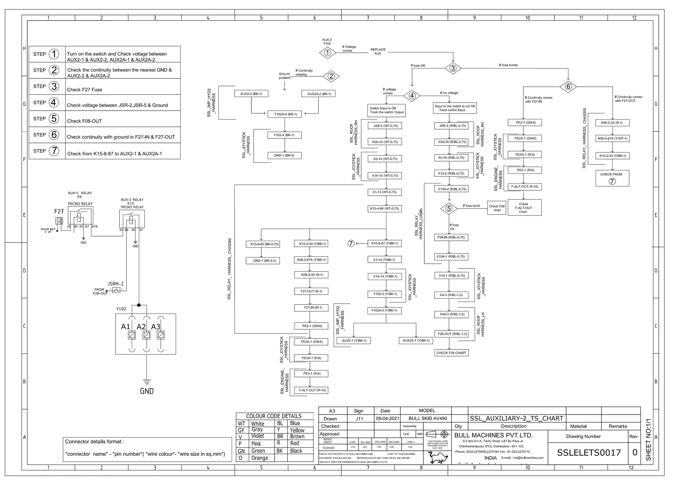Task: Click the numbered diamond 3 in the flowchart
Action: click(x=453, y=68)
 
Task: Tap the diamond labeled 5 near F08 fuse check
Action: click(x=449, y=209)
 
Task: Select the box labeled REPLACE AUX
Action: click(x=378, y=51)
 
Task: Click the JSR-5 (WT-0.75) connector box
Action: click(x=385, y=126)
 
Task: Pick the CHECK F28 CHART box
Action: click(x=451, y=353)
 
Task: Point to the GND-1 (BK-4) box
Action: click(x=284, y=155)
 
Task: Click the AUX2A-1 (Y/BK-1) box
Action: click(x=416, y=340)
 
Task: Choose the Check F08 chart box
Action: click(x=497, y=208)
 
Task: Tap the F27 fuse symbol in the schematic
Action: click(x=59, y=221)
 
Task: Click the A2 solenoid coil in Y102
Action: click(x=146, y=335)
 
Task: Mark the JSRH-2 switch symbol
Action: click(x=116, y=290)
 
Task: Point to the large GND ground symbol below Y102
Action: click(x=147, y=383)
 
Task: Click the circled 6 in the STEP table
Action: click(x=54, y=135)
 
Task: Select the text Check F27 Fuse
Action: click(x=84, y=90)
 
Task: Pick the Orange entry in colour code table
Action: click(x=259, y=458)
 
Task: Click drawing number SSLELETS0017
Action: click(x=589, y=452)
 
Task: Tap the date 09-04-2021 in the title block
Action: click(x=387, y=419)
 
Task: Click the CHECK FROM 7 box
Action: click(x=612, y=178)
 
